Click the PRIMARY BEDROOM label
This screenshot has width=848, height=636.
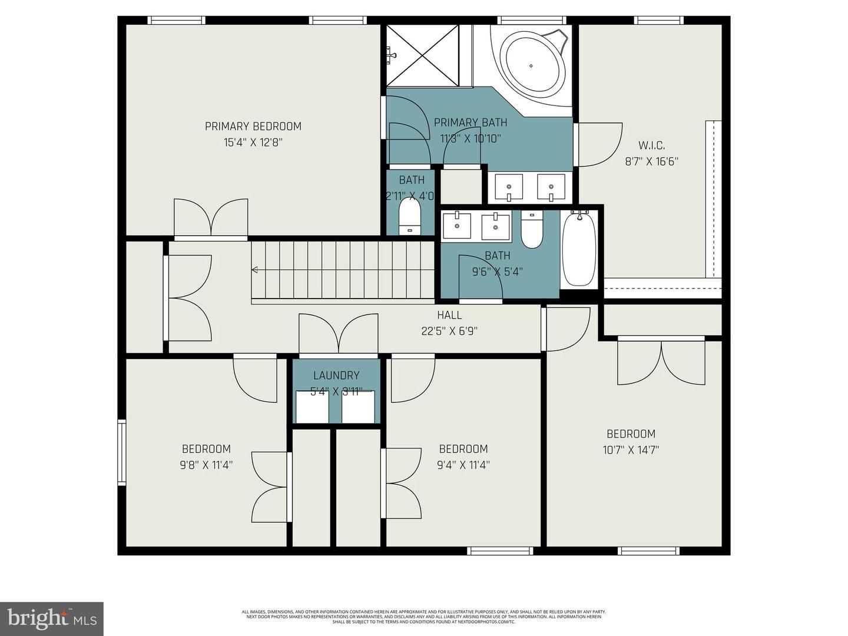pyautogui.click(x=253, y=126)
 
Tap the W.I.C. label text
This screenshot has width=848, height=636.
pyautogui.click(x=651, y=145)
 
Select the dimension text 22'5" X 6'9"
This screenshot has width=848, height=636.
pyautogui.click(x=449, y=331)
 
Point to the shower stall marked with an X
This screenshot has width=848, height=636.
pyautogui.click(x=422, y=56)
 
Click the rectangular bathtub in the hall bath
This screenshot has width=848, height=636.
pyautogui.click(x=579, y=249)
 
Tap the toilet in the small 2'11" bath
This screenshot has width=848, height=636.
pyautogui.click(x=410, y=218)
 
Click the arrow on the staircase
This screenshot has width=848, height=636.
pyautogui.click(x=255, y=270)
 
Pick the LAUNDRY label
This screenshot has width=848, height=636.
pyautogui.click(x=336, y=375)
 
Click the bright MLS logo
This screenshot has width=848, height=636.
pyautogui.click(x=52, y=618)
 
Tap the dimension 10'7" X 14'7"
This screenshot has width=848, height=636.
pyautogui.click(x=631, y=450)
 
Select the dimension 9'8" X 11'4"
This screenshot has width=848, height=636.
pyautogui.click(x=206, y=465)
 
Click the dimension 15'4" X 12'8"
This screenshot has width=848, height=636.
pyautogui.click(x=253, y=142)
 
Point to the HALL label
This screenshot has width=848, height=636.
pyautogui.click(x=449, y=315)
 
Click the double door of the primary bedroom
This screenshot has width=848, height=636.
pyautogui.click(x=211, y=219)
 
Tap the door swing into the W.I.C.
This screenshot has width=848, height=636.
pyautogui.click(x=599, y=144)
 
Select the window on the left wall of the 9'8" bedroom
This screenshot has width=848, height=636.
pyautogui.click(x=121, y=452)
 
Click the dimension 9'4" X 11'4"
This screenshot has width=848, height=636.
pyautogui.click(x=463, y=465)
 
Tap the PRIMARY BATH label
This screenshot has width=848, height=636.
pyautogui.click(x=470, y=122)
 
